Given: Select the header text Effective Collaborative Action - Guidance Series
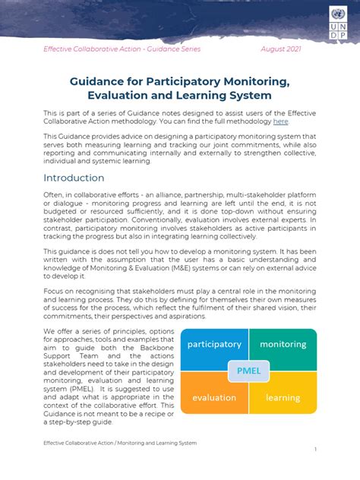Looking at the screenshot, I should pyautogui.click(x=122, y=49).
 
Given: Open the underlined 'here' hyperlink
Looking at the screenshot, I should pyautogui.click(x=280, y=122).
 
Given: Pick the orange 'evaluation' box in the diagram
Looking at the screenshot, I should pyautogui.click(x=213, y=397).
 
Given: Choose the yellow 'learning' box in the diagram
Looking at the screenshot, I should pyautogui.click(x=283, y=397).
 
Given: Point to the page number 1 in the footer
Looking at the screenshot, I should pyautogui.click(x=315, y=450).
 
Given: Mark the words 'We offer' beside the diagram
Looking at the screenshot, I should pyautogui.click(x=58, y=332).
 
